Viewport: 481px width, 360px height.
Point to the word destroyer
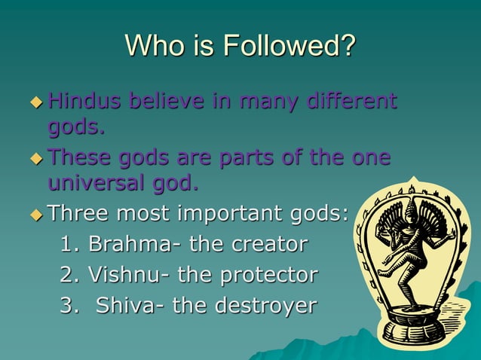pos(268,306)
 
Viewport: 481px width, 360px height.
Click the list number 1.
pos(66,244)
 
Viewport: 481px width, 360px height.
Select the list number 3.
pos(66,306)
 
